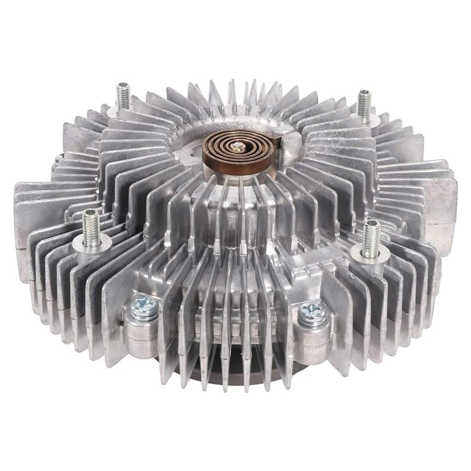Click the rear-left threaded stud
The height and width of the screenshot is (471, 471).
[x=123, y=96]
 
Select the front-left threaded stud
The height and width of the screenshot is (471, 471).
[x=92, y=229]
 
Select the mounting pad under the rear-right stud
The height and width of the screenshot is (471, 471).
[x=367, y=121]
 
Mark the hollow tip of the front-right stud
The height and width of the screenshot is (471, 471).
[x=371, y=224]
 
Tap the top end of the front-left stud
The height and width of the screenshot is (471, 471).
[x=91, y=213]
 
